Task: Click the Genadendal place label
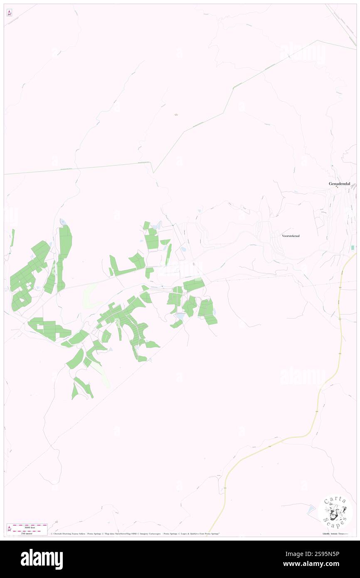click(339, 183)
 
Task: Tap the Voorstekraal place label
click(291, 236)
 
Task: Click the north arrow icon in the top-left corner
click(9, 13)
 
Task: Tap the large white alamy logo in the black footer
click(42, 559)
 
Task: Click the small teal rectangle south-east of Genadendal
click(353, 248)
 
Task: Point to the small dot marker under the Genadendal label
click(337, 187)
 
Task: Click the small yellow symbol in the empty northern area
click(176, 114)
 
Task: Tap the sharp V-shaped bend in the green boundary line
click(153, 172)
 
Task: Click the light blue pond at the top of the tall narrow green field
click(63, 222)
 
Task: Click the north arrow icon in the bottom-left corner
click(9, 529)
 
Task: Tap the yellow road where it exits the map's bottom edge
click(209, 535)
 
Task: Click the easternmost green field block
click(207, 311)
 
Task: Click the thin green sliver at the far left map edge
click(13, 237)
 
